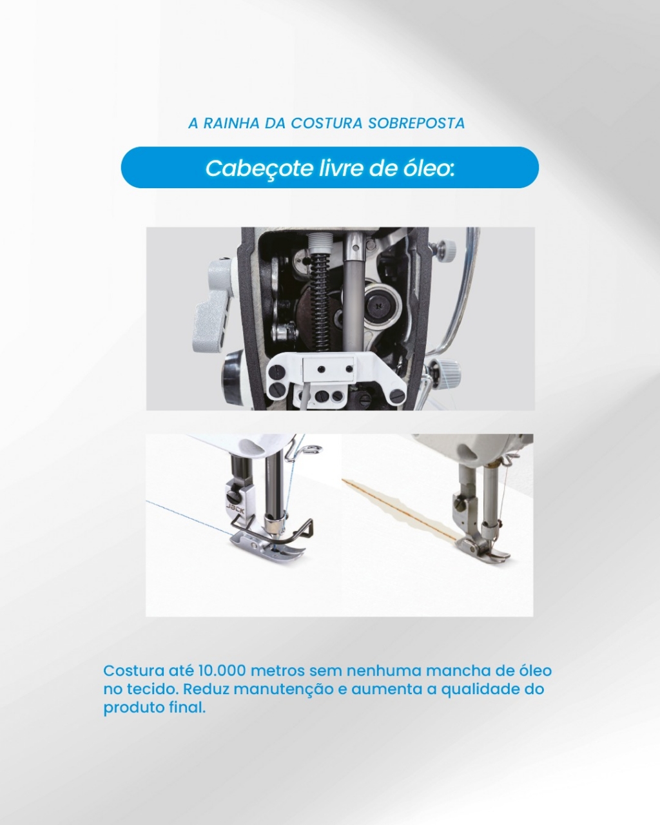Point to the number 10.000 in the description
(222, 670)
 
